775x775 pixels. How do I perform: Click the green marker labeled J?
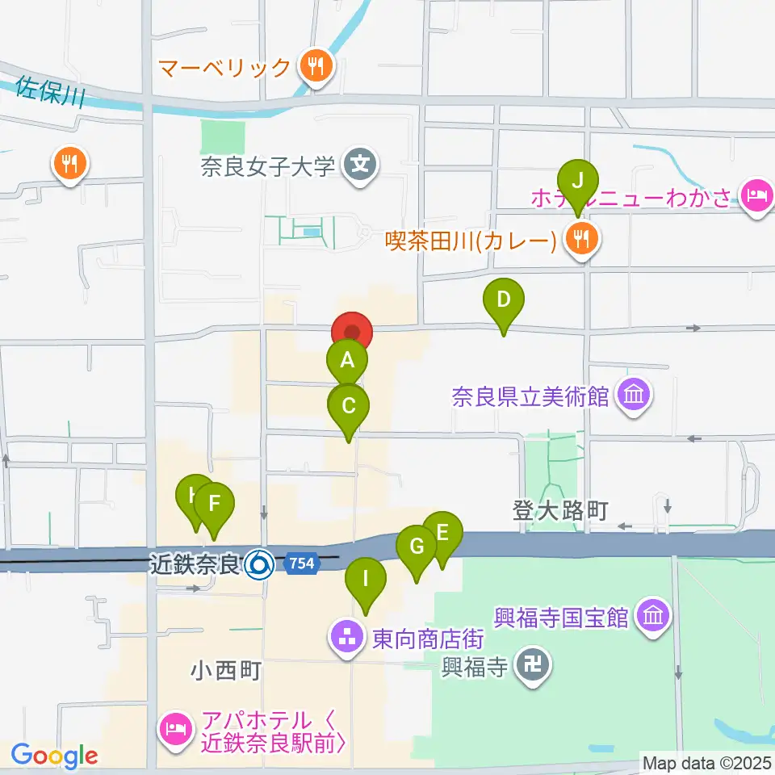tap(577, 181)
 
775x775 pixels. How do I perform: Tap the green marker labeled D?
tap(503, 300)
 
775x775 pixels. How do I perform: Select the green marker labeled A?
tap(347, 361)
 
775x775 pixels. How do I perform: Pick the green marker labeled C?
tap(349, 406)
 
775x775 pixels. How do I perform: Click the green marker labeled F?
tap(214, 504)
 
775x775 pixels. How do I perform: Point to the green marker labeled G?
tap(417, 547)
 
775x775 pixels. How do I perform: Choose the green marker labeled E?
tap(442, 533)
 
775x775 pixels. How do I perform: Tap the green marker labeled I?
tap(366, 579)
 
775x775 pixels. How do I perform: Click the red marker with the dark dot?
tap(352, 332)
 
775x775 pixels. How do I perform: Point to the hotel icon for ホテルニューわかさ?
tap(756, 195)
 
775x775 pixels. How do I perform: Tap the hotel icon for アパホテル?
tap(176, 728)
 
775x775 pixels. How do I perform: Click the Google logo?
tap(54, 756)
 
